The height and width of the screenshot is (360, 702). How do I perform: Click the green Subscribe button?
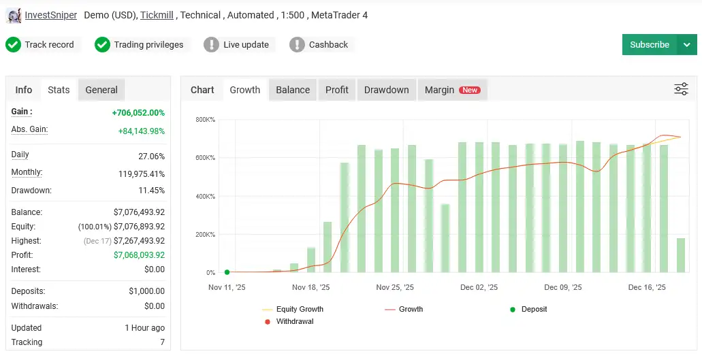click(x=649, y=45)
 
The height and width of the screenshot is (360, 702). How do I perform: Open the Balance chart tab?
click(x=293, y=90)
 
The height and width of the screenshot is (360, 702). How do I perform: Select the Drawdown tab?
click(x=386, y=90)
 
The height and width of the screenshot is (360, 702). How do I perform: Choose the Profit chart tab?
click(x=336, y=90)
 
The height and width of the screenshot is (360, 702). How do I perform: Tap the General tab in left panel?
click(x=101, y=90)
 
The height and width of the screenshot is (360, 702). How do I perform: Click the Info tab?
click(x=24, y=90)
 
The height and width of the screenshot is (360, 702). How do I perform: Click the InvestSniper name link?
click(x=50, y=15)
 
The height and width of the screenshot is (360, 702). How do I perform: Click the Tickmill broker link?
click(x=157, y=15)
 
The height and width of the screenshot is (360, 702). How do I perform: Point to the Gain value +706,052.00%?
click(x=138, y=113)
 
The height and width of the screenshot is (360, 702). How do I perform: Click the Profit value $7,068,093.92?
click(x=139, y=255)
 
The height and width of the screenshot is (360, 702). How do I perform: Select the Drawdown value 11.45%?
click(x=151, y=191)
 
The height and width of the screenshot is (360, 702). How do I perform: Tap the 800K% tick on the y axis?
click(x=205, y=120)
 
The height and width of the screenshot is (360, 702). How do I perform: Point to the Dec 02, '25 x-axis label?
click(x=479, y=288)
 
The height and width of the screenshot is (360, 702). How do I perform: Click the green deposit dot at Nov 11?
click(x=227, y=272)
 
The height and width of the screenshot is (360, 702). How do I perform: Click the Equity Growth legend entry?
click(x=299, y=309)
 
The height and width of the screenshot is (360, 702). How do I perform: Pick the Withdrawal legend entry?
click(x=294, y=321)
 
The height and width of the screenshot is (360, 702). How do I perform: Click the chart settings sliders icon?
click(x=681, y=89)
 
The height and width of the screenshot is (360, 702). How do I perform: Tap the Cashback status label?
click(x=328, y=45)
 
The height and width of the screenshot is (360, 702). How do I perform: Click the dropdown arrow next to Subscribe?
click(x=686, y=45)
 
